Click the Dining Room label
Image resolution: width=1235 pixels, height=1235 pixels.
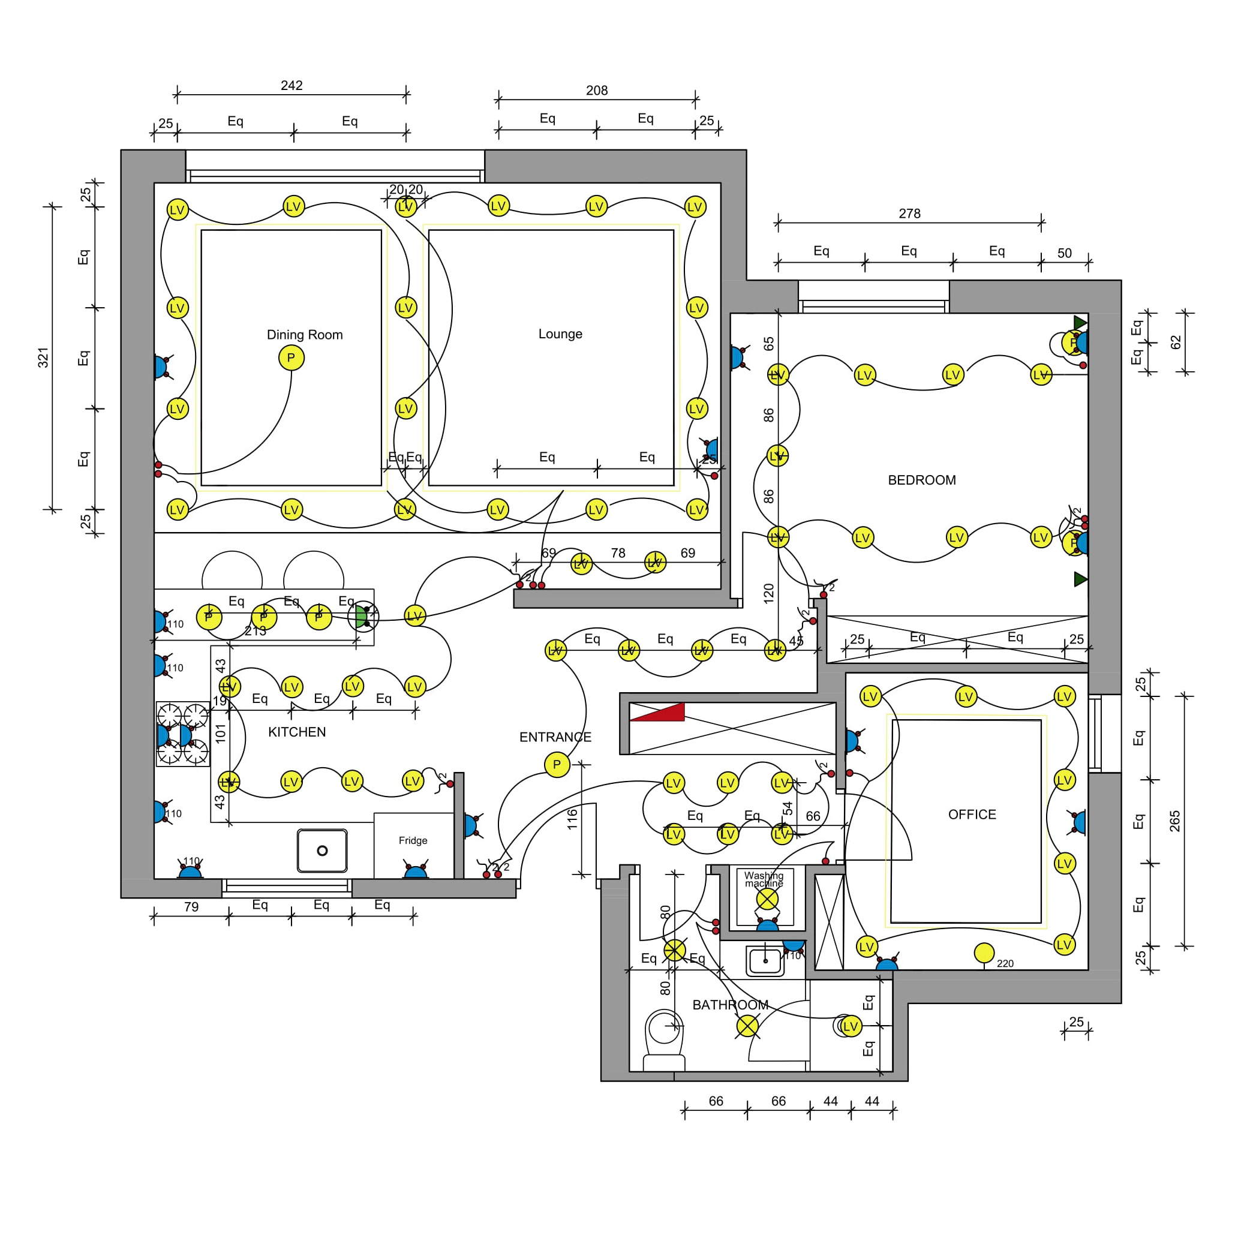click(x=304, y=335)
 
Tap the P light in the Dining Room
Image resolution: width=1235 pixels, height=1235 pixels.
click(x=291, y=358)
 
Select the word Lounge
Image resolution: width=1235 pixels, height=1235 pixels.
click(x=560, y=333)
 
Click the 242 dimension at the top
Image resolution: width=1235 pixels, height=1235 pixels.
click(x=292, y=85)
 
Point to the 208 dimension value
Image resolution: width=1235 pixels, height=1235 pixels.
click(x=596, y=90)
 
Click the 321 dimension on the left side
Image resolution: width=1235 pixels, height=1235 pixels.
click(x=43, y=358)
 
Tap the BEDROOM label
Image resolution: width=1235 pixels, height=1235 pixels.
click(x=921, y=480)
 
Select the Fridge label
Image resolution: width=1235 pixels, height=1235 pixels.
click(x=413, y=840)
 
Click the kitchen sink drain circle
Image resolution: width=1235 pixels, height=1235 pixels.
click(x=322, y=851)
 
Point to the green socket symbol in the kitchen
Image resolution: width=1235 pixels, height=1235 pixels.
click(x=361, y=617)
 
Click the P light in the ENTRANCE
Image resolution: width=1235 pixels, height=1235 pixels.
click(x=557, y=765)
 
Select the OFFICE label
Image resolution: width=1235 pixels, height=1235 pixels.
click(x=972, y=815)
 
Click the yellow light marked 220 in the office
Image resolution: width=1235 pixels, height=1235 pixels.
click(x=984, y=953)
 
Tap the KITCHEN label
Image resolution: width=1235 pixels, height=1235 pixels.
click(x=297, y=732)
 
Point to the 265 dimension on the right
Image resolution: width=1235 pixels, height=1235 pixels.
click(x=1174, y=821)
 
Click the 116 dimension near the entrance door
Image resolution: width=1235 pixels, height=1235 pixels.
click(x=572, y=819)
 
